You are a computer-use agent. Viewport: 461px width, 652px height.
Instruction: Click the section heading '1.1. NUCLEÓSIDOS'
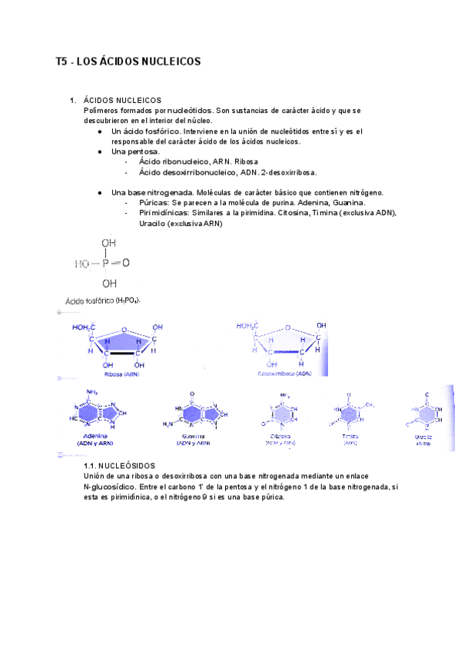[x=119, y=466]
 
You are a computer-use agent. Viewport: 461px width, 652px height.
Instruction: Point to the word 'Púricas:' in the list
[x=155, y=202]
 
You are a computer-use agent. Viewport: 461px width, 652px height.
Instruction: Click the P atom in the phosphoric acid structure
[x=105, y=263]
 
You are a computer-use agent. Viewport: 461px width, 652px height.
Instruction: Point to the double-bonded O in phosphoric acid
[x=125, y=263]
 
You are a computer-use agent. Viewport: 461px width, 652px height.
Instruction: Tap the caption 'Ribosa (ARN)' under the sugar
[x=121, y=373]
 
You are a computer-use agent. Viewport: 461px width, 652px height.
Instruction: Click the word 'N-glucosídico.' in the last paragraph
[x=112, y=487]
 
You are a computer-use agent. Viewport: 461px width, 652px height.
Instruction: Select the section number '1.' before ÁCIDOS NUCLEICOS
[x=72, y=100]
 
